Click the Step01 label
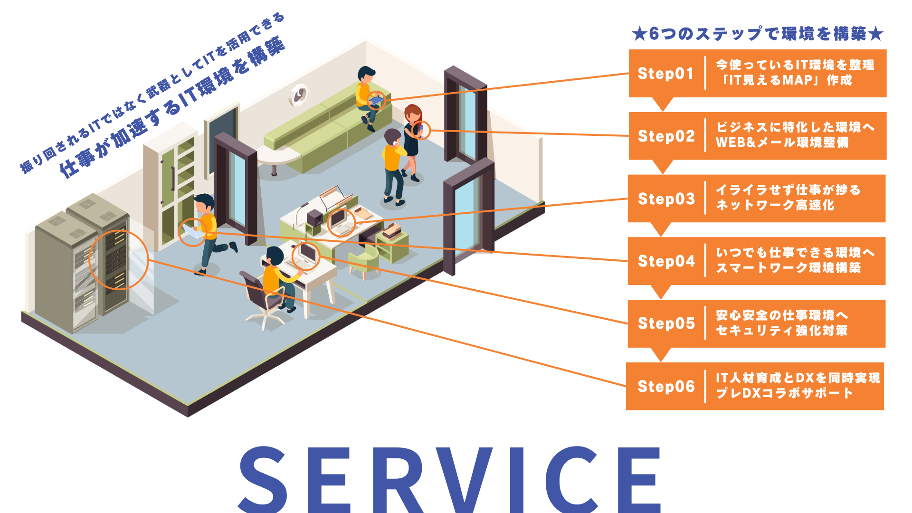click(x=665, y=74)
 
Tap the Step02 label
click(x=666, y=136)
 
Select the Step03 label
click(x=666, y=199)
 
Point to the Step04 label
click(x=666, y=261)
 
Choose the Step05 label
click(x=666, y=323)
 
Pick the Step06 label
click(x=666, y=387)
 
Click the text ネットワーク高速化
click(x=775, y=205)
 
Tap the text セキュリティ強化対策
click(x=781, y=331)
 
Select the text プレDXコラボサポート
click(x=784, y=393)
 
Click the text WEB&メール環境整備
click(x=782, y=142)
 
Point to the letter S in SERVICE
click(x=263, y=480)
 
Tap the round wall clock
click(x=299, y=95)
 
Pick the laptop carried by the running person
click(x=192, y=231)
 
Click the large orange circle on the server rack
click(x=119, y=260)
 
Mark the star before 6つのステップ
click(x=639, y=34)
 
